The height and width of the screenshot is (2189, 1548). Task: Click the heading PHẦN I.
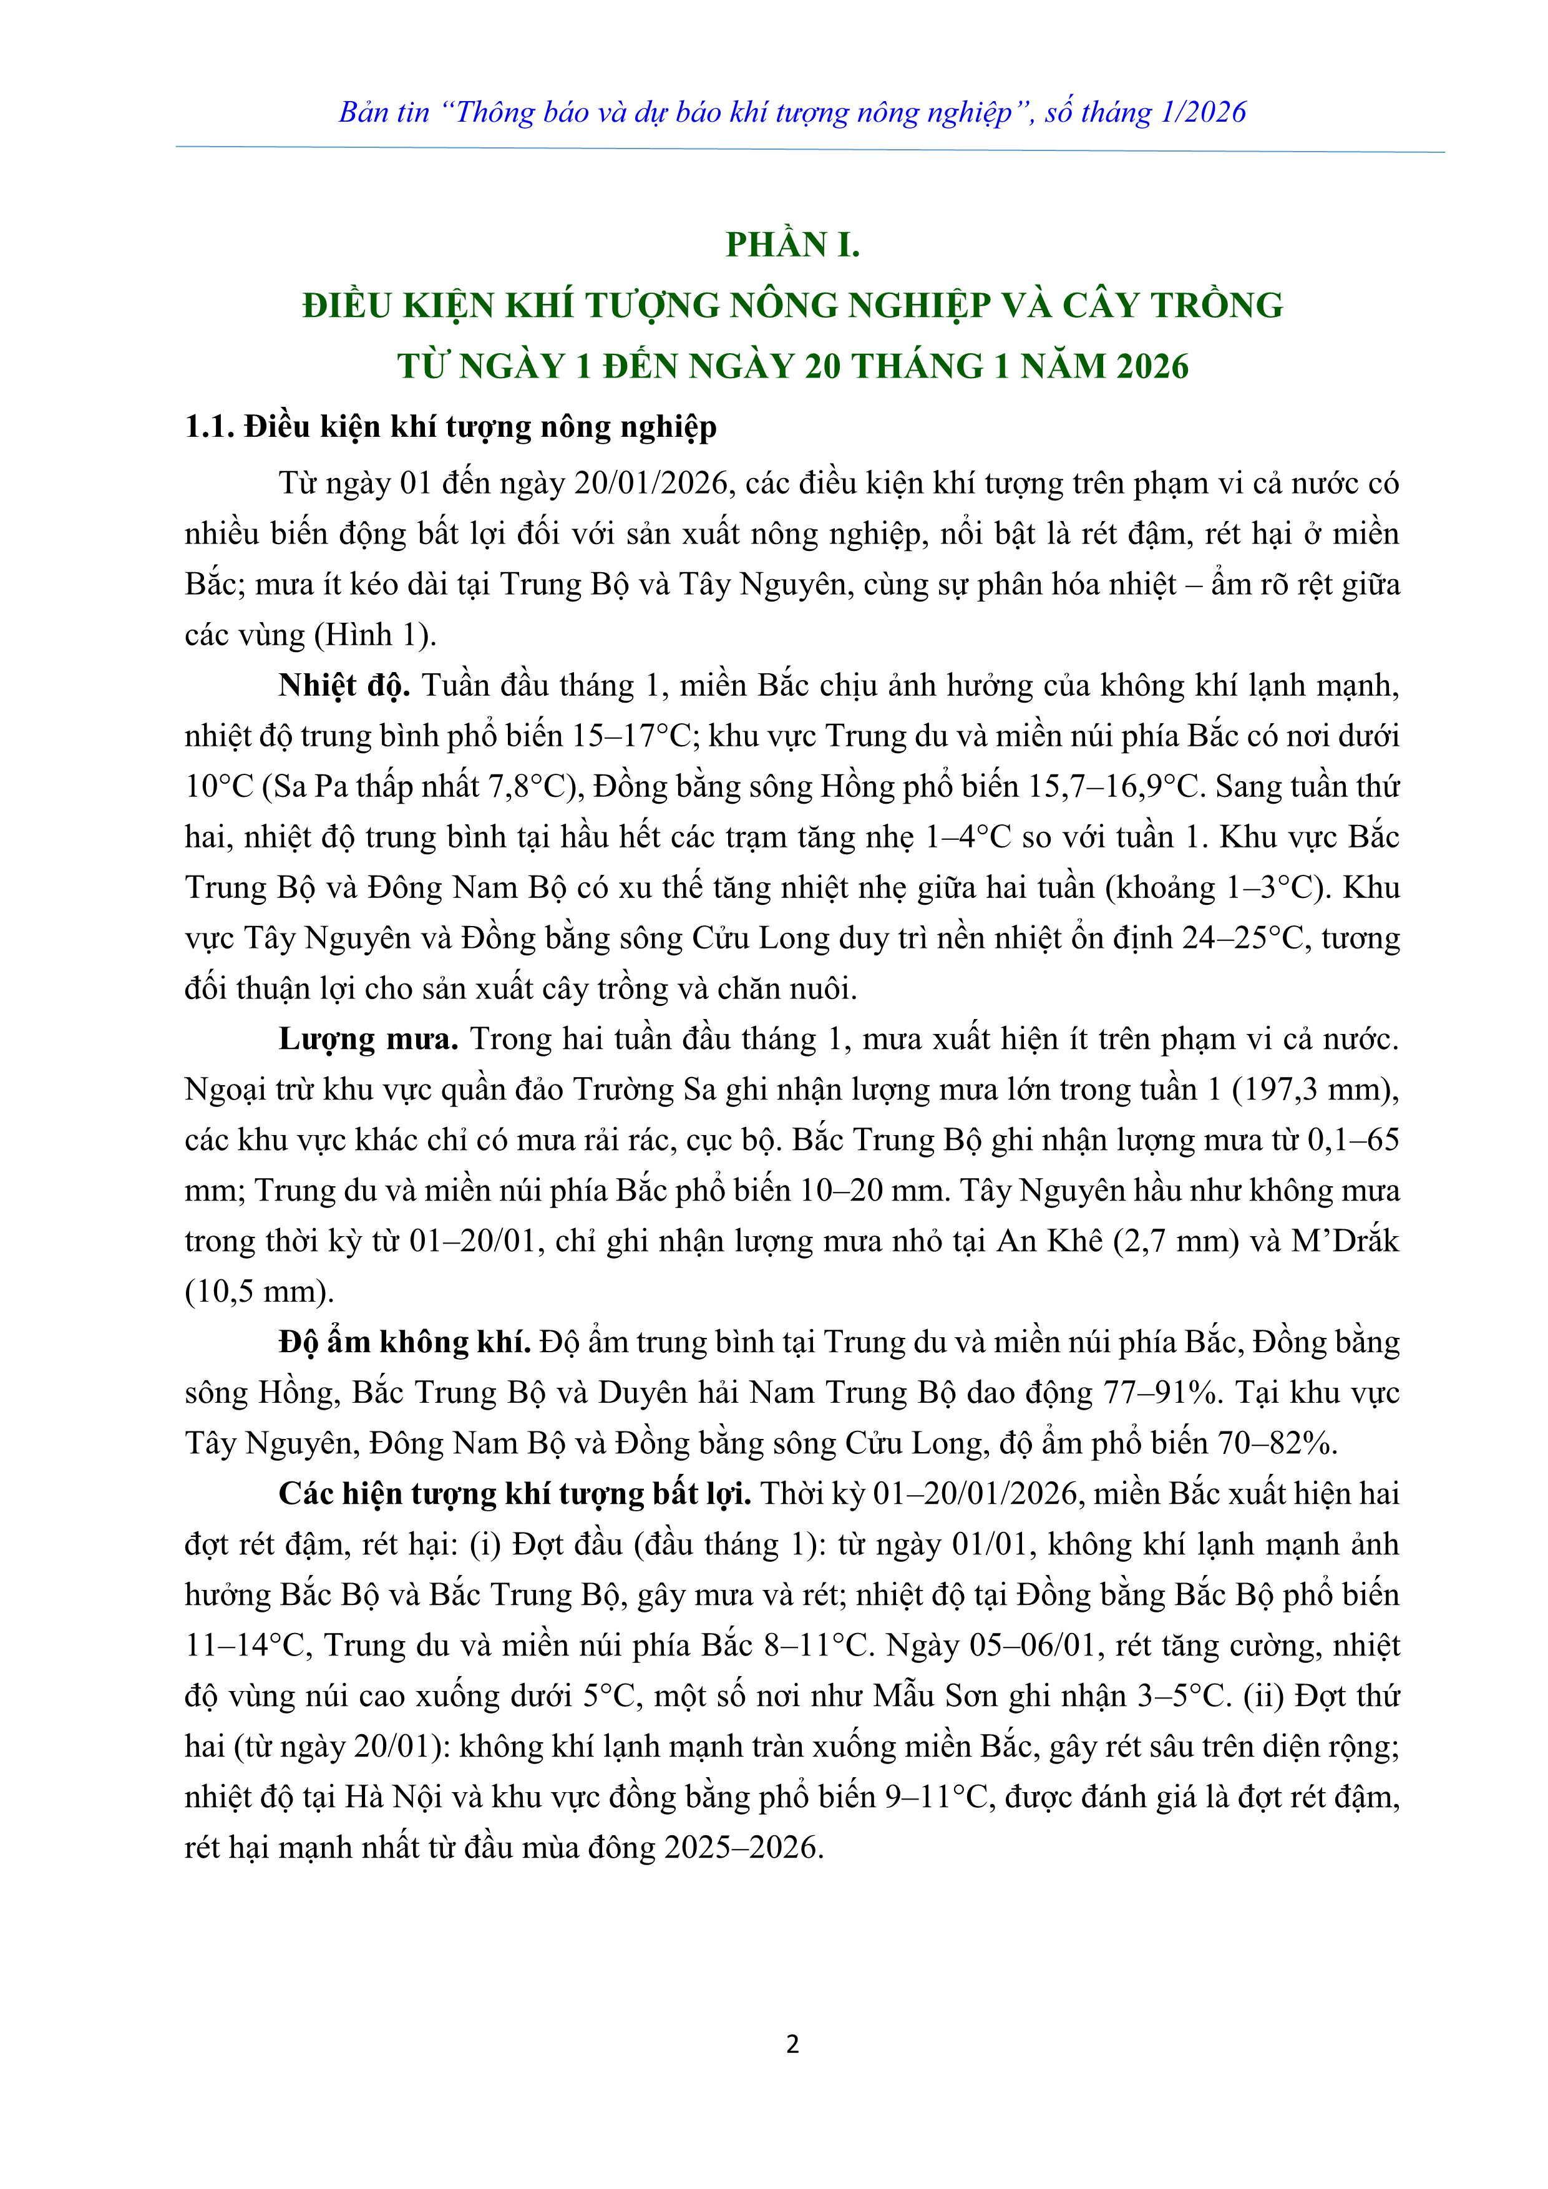(792, 245)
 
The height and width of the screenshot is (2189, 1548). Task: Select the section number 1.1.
(210, 426)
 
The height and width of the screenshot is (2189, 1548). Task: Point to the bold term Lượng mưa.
(368, 1039)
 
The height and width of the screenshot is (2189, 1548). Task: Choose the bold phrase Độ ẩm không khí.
(404, 1342)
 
